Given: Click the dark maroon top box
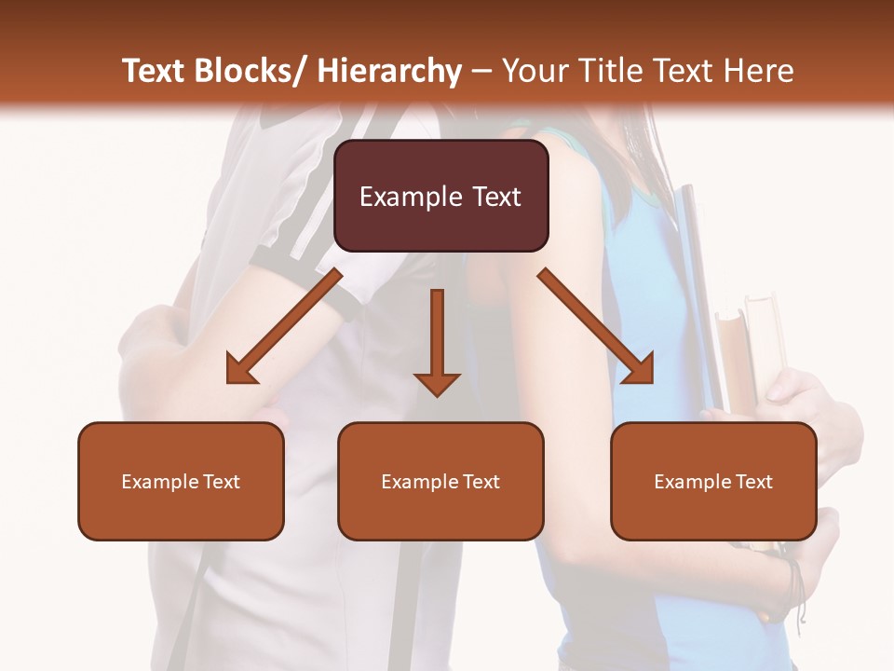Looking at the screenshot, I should pyautogui.click(x=441, y=196).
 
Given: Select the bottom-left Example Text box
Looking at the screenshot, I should pyautogui.click(x=181, y=481).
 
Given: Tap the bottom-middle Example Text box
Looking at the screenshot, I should pyautogui.click(x=440, y=481).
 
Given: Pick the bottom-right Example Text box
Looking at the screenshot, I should pyautogui.click(x=713, y=481).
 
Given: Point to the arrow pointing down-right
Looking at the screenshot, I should pyautogui.click(x=596, y=326).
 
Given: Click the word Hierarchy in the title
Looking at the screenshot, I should pyautogui.click(x=389, y=71).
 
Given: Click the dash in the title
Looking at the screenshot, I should pyautogui.click(x=481, y=71).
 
